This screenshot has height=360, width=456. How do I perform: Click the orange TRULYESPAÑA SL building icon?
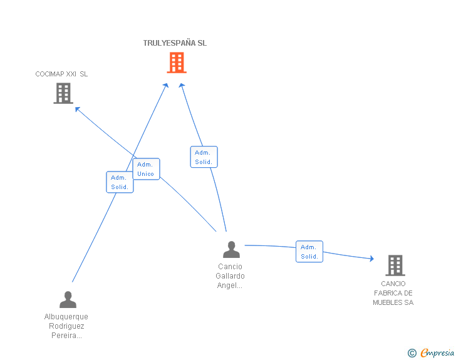[177, 62]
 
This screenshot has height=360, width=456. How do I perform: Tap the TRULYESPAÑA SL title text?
[175, 43]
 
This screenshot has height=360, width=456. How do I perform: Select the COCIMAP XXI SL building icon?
[63, 93]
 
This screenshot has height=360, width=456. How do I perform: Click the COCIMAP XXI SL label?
[61, 74]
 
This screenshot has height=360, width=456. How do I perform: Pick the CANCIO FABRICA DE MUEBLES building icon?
[395, 265]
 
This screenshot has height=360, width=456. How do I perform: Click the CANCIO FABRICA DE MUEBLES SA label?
[393, 293]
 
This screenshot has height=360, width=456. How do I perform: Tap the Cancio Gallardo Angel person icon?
[232, 250]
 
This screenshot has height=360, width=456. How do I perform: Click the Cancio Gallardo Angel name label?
[230, 276]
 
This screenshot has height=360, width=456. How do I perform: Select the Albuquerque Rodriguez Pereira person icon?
[68, 299]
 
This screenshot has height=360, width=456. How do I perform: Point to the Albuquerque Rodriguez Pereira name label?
[66, 326]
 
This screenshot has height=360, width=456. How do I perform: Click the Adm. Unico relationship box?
[147, 169]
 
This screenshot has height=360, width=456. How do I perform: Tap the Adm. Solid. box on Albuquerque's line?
[120, 182]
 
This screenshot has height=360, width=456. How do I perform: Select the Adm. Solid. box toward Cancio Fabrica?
[309, 252]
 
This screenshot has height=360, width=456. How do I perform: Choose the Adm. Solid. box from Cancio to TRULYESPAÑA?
[204, 157]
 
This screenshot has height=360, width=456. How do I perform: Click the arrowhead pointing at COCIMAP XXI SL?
[77, 109]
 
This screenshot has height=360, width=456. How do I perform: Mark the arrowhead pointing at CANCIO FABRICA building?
[371, 258]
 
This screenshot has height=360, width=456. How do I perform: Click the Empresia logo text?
[437, 352]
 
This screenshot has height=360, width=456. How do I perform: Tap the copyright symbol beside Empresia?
[412, 353]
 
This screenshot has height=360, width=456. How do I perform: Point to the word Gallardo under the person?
[230, 276]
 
